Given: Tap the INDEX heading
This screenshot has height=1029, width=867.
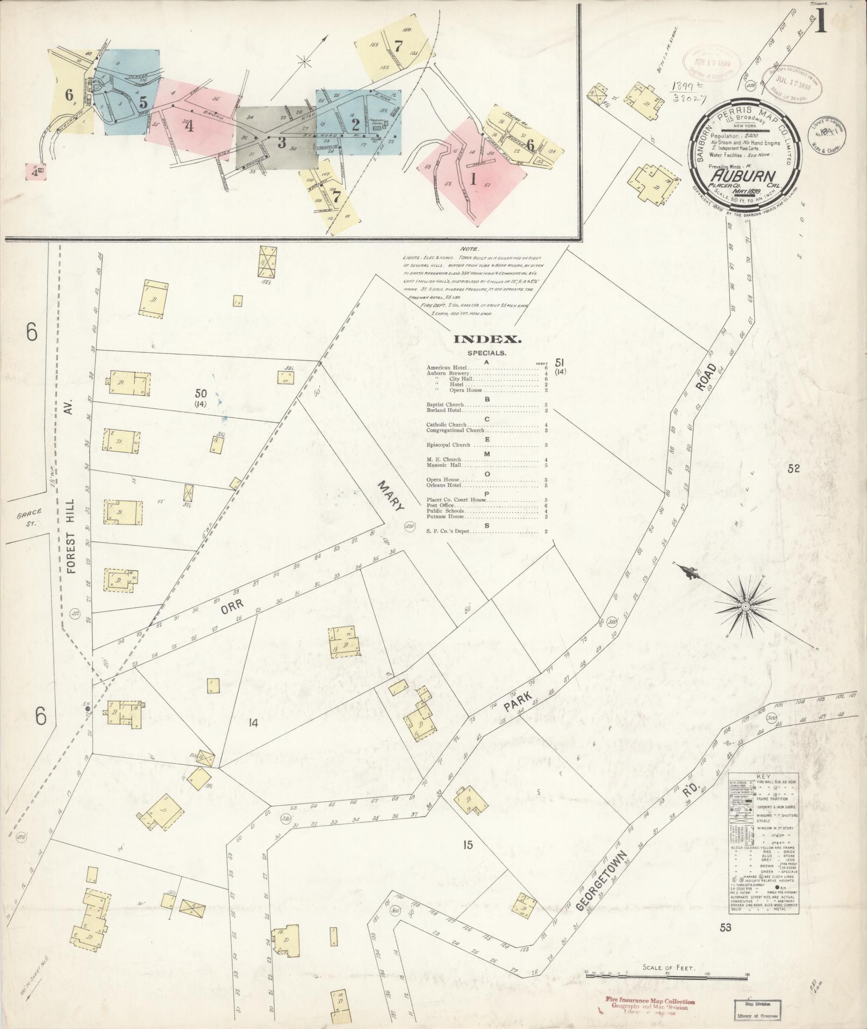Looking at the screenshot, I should [488, 339].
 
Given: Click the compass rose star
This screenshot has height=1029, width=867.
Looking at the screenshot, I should [746, 606].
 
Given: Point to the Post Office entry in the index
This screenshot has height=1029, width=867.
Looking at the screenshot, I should [441, 506].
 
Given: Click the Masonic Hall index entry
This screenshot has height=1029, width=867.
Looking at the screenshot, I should [444, 465].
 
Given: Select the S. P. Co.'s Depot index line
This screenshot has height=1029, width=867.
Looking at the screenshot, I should [448, 531].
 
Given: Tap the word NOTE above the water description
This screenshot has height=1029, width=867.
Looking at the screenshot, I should [469, 250].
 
